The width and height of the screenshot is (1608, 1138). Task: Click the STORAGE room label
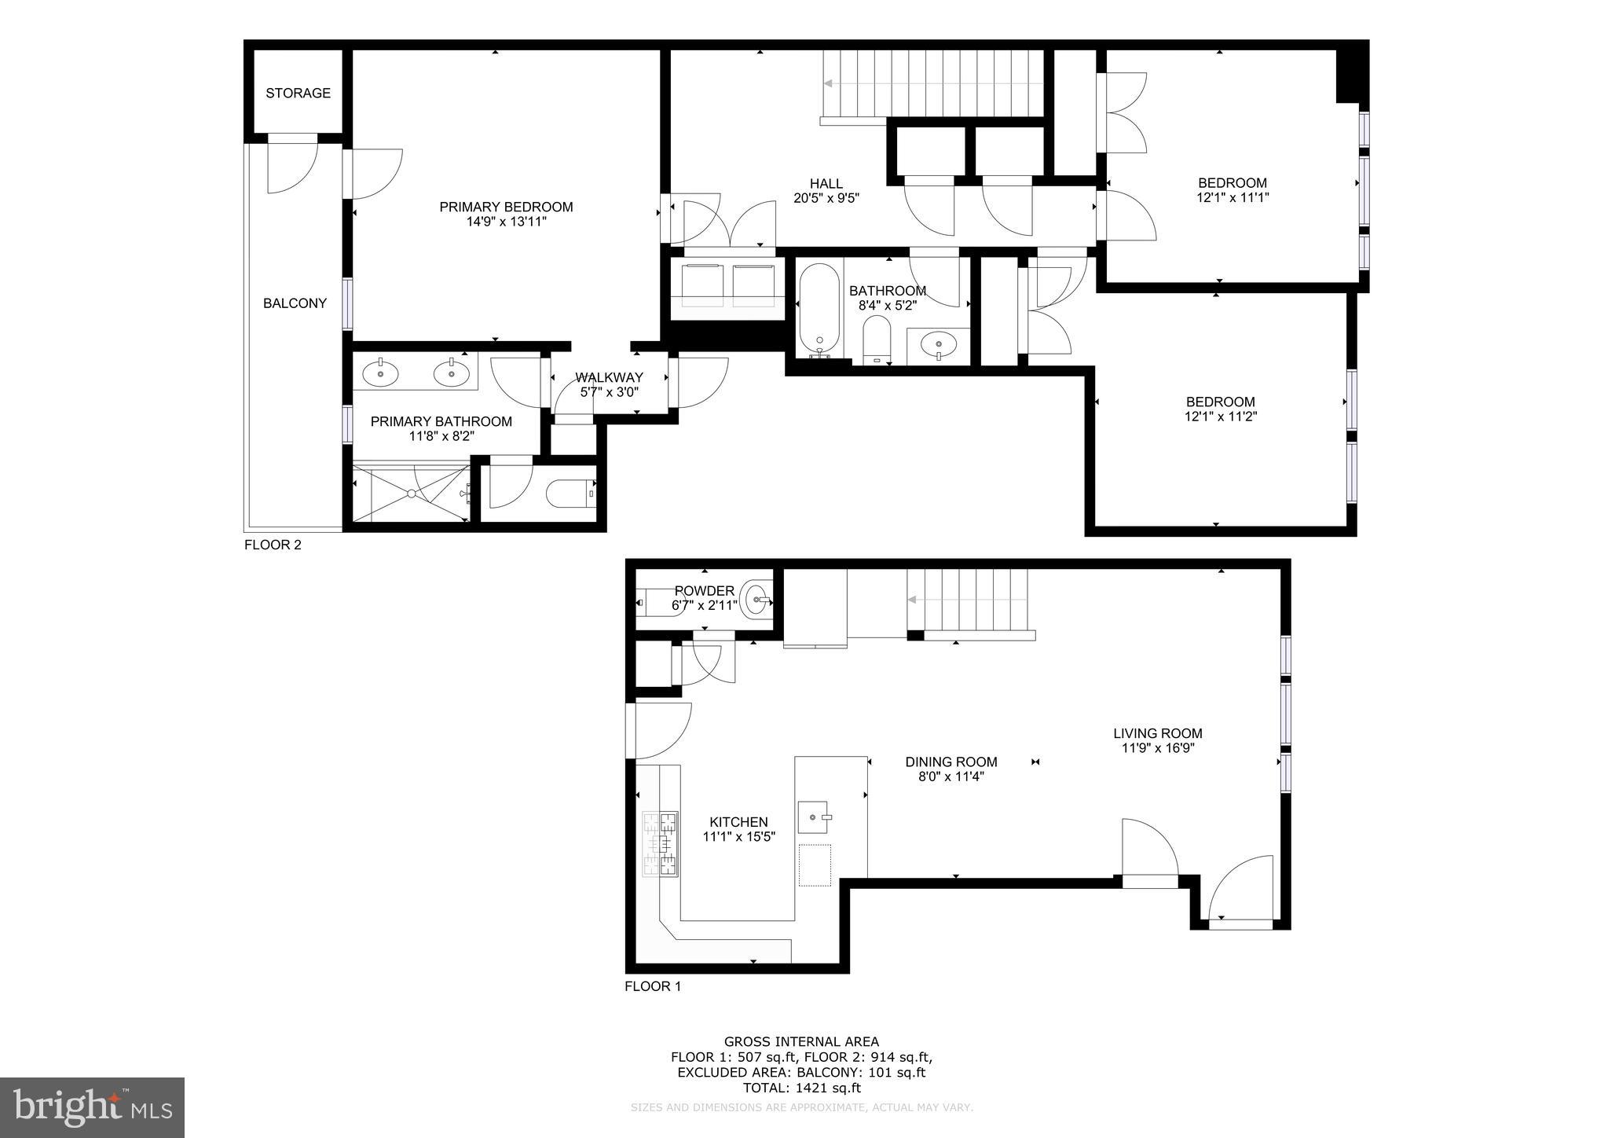tap(298, 93)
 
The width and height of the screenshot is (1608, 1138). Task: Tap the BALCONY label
tap(295, 303)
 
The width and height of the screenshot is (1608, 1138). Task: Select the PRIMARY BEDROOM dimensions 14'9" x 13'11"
tap(506, 222)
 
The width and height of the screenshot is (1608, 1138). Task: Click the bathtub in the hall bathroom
tap(819, 310)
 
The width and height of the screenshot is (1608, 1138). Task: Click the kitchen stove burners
tap(661, 844)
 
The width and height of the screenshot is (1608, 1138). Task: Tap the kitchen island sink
tap(814, 817)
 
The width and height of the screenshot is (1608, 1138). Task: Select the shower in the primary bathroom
tap(410, 493)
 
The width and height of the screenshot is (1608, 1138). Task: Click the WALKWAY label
tap(609, 377)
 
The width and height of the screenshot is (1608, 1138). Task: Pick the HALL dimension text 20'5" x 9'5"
tap(826, 199)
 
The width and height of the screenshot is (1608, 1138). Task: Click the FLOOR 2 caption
tap(273, 545)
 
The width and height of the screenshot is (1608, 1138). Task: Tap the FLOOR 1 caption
tap(653, 986)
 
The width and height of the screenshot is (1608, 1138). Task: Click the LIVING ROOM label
tap(1157, 733)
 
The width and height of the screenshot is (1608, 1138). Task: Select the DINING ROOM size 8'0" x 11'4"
tap(951, 776)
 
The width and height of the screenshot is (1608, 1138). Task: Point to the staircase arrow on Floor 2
tap(830, 83)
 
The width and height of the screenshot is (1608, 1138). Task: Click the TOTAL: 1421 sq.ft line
tap(801, 1088)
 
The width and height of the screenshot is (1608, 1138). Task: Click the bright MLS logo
tap(92, 1107)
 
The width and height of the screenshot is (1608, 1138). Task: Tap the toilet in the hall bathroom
tap(877, 340)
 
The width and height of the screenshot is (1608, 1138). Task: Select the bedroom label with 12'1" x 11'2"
tap(1220, 402)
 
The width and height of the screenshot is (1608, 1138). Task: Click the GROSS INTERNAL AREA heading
tap(801, 1042)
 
